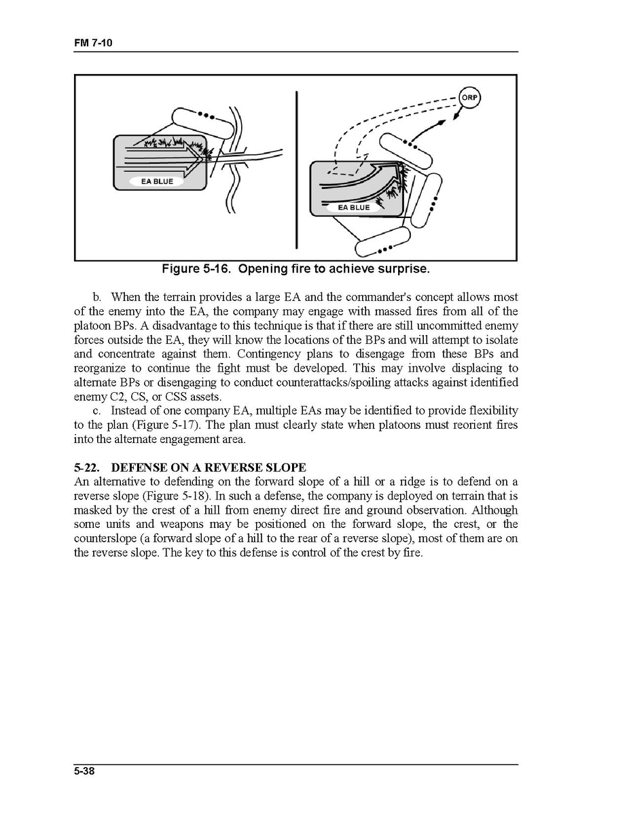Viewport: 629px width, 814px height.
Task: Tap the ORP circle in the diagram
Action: pyautogui.click(x=469, y=97)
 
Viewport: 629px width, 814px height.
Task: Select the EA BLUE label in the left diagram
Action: pyautogui.click(x=157, y=181)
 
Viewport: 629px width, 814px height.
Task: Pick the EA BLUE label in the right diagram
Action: pyautogui.click(x=354, y=207)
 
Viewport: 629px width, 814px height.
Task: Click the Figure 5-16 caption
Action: pyautogui.click(x=295, y=269)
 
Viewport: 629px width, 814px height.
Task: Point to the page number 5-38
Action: pyautogui.click(x=84, y=771)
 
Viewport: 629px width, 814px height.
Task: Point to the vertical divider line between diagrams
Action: pyautogui.click(x=297, y=170)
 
